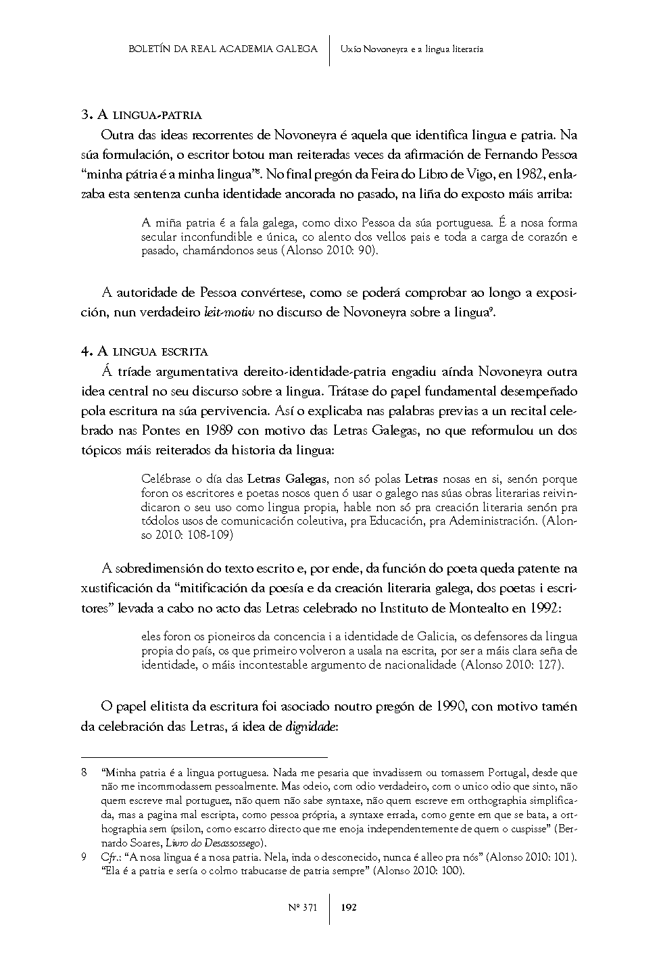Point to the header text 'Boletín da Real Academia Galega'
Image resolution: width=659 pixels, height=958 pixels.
point(222,49)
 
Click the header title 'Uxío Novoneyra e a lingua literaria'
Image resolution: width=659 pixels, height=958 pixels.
point(412,49)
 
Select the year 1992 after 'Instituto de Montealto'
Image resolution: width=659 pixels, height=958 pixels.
point(544,607)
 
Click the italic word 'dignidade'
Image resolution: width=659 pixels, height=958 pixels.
point(311,727)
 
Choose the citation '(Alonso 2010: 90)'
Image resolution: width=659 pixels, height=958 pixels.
point(334,251)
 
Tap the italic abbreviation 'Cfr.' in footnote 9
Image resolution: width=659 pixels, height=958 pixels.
point(109,857)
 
